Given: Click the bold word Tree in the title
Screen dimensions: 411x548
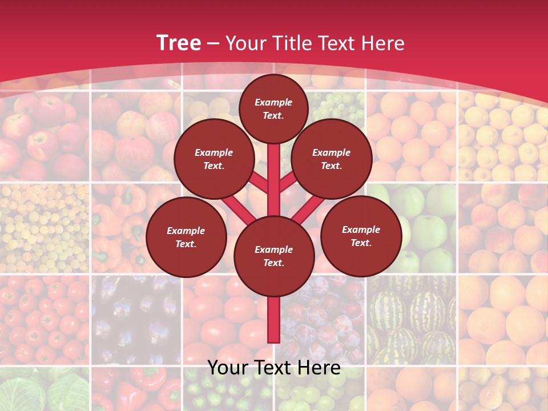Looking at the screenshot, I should point(178,43).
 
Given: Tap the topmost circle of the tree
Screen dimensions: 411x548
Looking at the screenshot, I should point(273,108).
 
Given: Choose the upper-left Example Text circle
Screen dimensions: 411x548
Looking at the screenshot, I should point(214,159).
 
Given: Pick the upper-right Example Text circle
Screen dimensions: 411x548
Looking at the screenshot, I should point(332,159).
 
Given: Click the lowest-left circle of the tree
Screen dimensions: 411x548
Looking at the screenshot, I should point(186,237).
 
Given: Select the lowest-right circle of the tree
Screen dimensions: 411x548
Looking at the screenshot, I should point(361,236).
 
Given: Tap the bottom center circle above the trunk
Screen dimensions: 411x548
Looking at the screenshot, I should point(273,256).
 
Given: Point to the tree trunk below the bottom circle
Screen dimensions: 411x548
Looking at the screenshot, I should point(273,320).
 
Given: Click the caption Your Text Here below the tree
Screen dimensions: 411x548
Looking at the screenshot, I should point(273,368).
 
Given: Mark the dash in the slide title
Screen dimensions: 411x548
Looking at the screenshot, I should point(213,43).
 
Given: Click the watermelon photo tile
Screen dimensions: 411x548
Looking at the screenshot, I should point(411,320).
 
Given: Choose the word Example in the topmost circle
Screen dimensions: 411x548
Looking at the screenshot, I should point(273,103).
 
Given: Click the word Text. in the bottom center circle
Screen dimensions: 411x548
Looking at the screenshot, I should point(273,263).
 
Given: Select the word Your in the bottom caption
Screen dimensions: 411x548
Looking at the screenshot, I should point(227,368).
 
